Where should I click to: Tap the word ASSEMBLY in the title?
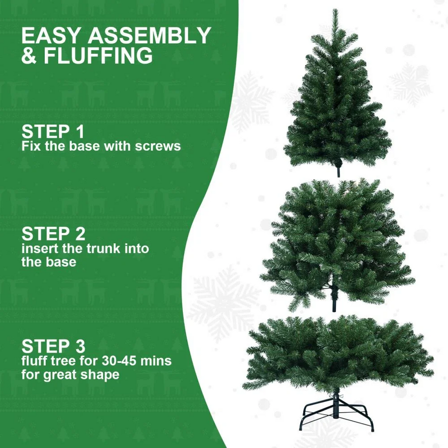149,35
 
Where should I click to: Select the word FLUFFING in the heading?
98,55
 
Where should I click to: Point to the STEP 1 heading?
53,131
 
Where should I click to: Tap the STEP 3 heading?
53,346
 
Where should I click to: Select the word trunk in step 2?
103,248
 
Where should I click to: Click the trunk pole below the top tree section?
339,171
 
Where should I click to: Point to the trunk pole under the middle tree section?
334,303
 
